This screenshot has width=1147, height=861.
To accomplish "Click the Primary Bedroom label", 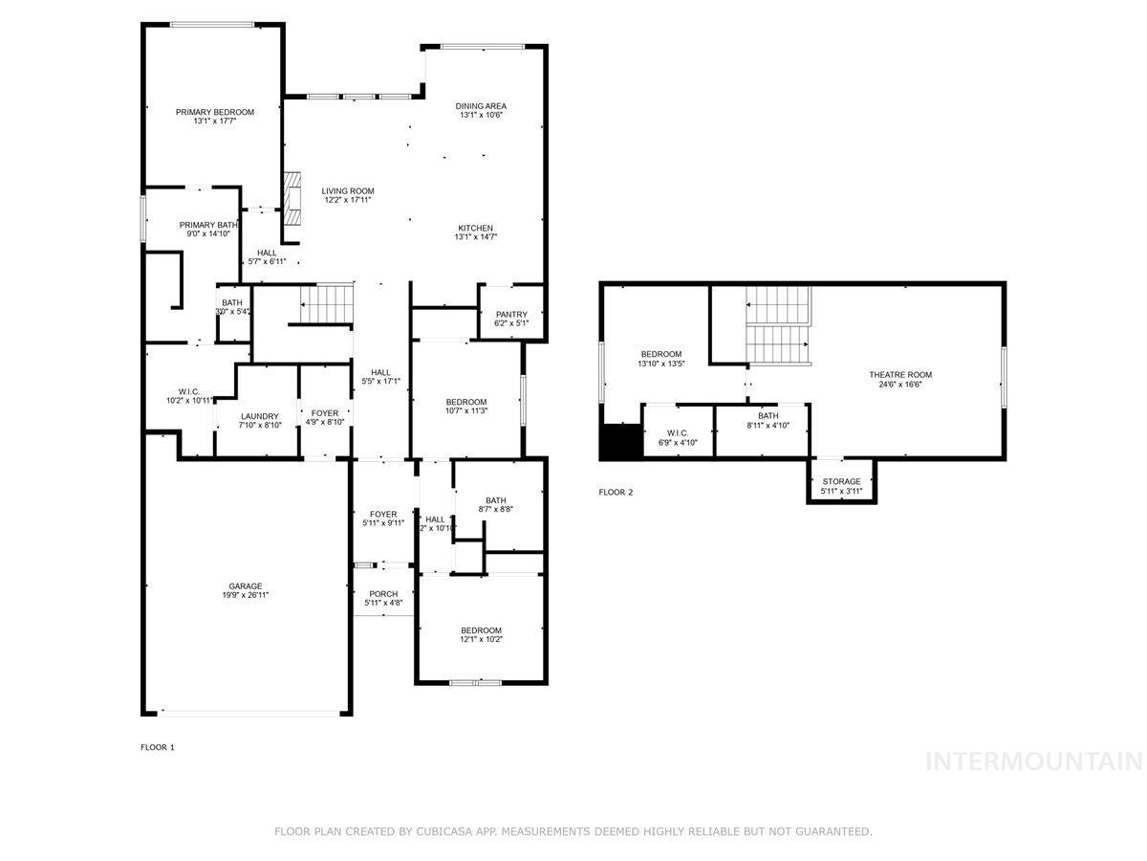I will pyautogui.click(x=215, y=112).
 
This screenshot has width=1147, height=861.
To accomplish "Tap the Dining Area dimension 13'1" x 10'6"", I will pyautogui.click(x=481, y=115).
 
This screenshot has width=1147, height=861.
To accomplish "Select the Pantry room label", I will pyautogui.click(x=511, y=315).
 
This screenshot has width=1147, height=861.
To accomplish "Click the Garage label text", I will pyautogui.click(x=245, y=586).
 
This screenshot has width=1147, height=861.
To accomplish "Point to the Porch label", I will pyautogui.click(x=383, y=594).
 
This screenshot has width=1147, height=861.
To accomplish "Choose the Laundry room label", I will pyautogui.click(x=259, y=416).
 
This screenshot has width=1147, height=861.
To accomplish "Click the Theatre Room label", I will pyautogui.click(x=899, y=375).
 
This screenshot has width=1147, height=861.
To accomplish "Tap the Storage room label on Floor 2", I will pyautogui.click(x=841, y=481).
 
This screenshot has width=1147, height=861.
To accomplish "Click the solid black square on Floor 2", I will pyautogui.click(x=619, y=441).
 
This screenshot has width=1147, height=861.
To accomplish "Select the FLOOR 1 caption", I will pyautogui.click(x=158, y=747).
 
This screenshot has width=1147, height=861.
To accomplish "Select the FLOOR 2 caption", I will pyautogui.click(x=616, y=493).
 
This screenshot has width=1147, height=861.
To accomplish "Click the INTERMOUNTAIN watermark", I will pyautogui.click(x=1034, y=762).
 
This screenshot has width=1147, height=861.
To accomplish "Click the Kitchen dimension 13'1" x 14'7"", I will pyautogui.click(x=475, y=237).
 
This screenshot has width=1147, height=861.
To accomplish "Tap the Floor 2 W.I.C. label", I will pyautogui.click(x=678, y=433).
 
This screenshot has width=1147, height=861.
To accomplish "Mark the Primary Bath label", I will pyautogui.click(x=208, y=225).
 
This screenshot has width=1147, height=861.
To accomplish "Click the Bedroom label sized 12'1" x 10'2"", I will pyautogui.click(x=481, y=630).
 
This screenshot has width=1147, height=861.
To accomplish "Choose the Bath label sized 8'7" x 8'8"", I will pyautogui.click(x=495, y=500).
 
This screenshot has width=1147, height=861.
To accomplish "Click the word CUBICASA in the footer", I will pyautogui.click(x=449, y=832).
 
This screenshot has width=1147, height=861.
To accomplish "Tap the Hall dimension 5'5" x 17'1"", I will pyautogui.click(x=380, y=382).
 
